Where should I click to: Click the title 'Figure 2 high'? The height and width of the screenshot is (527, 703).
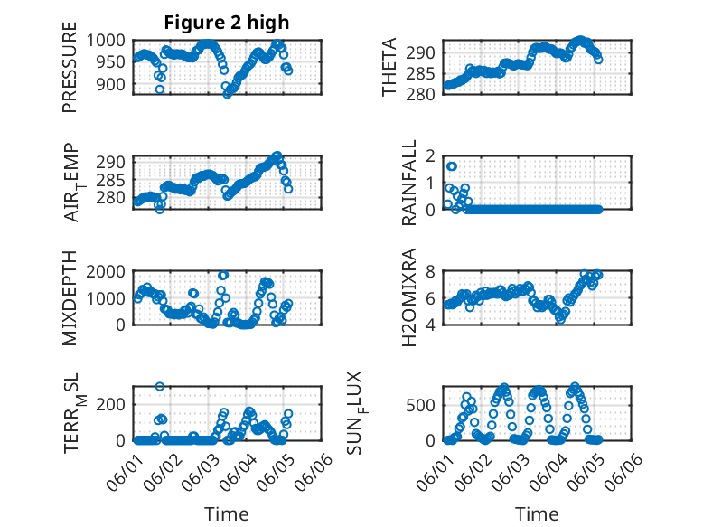(x=227, y=23)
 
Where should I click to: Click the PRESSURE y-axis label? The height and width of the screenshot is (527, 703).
(x=70, y=73)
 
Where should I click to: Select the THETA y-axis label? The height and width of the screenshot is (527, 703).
(x=389, y=67)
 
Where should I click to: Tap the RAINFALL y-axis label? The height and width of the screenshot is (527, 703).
(x=409, y=182)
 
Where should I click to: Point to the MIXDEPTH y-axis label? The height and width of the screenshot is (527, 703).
(x=70, y=297)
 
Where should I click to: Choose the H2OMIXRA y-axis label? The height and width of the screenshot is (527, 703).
(x=409, y=297)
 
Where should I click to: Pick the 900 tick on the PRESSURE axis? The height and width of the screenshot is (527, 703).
(x=116, y=84)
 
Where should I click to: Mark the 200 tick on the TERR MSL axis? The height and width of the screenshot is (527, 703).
(x=116, y=404)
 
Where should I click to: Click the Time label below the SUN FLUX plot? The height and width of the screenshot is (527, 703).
(x=537, y=513)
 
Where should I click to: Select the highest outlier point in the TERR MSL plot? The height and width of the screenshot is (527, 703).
(x=160, y=386)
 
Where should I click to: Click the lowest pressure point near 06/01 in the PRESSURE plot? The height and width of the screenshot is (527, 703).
(x=160, y=89)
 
